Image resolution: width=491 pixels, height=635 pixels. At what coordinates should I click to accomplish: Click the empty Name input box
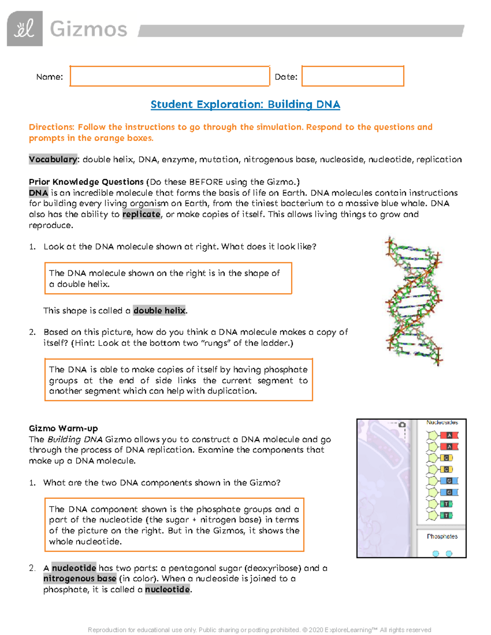(169, 76)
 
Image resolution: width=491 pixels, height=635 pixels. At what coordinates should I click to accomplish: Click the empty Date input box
(353, 76)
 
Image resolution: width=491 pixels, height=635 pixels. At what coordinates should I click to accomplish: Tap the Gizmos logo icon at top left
(25, 29)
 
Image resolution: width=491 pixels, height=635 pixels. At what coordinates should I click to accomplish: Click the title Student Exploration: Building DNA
(245, 104)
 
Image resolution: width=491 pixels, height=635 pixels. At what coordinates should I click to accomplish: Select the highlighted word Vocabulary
(53, 159)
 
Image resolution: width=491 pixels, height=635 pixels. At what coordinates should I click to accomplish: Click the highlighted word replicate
(141, 214)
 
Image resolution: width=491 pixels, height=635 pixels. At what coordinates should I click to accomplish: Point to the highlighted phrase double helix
(160, 310)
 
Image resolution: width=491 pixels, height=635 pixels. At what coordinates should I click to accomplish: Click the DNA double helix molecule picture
(414, 301)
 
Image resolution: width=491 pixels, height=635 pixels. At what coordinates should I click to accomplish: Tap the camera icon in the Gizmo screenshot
(402, 425)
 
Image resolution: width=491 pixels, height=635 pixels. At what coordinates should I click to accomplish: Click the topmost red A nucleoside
(448, 435)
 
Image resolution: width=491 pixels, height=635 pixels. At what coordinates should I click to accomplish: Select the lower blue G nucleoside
(448, 492)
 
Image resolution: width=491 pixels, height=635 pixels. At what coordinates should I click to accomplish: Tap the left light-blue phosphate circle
(436, 553)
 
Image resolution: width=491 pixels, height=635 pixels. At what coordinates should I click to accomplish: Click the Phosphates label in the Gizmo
(442, 536)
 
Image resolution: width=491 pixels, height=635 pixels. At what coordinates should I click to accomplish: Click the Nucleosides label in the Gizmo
(442, 422)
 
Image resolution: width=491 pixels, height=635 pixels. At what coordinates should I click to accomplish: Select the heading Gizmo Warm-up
(63, 429)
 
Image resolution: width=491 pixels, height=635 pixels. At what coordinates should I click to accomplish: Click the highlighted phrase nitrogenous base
(80, 579)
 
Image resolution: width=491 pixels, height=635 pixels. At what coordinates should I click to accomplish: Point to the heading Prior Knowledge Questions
(86, 182)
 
